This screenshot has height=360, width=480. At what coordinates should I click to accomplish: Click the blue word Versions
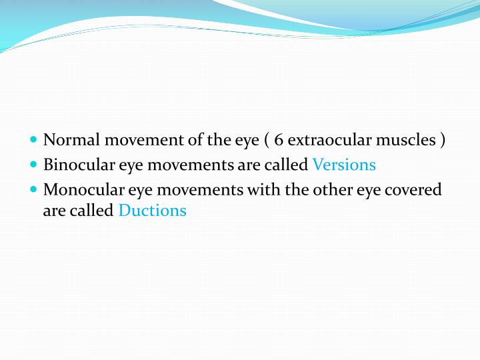pos(344,165)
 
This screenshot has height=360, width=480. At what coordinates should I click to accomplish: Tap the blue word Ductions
pos(152,211)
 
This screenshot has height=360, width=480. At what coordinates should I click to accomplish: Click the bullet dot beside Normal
pos(34,140)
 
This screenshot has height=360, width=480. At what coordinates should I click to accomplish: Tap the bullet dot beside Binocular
pos(34,165)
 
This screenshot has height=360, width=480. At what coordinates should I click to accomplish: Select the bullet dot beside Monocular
pos(34,189)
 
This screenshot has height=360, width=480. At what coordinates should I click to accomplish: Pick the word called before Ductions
pos(93,211)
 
